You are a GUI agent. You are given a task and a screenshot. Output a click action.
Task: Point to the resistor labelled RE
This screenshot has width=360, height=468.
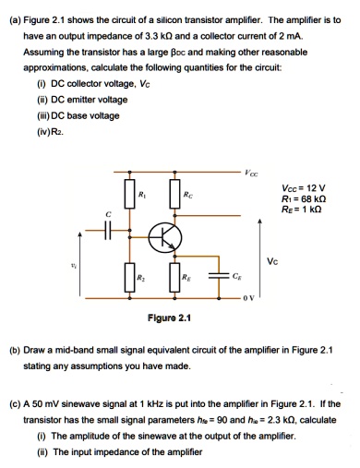pyautogui.click(x=174, y=277)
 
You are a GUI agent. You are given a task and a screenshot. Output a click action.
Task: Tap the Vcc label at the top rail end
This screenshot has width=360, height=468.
pyautogui.click(x=252, y=174)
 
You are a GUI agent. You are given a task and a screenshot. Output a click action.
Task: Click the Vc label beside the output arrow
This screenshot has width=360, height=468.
pyautogui.click(x=296, y=261)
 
